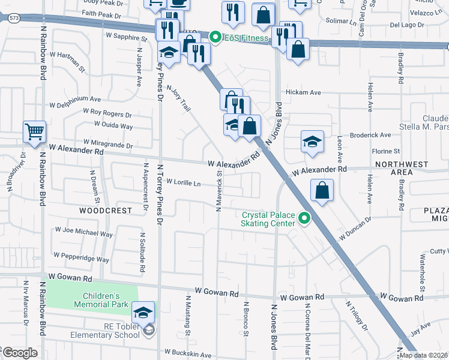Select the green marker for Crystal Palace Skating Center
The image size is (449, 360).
[x=305, y=219]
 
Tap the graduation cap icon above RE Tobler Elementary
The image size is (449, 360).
[x=143, y=313]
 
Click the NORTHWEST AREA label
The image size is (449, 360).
[x=402, y=168]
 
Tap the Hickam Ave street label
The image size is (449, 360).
[x=304, y=92]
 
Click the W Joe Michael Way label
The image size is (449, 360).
[x=84, y=232]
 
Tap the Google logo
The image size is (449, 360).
[x=20, y=353]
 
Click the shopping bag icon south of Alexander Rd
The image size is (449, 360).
[x=322, y=191]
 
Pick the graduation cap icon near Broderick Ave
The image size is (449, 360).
[x=312, y=142]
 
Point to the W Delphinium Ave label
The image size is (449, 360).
[x=75, y=101]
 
